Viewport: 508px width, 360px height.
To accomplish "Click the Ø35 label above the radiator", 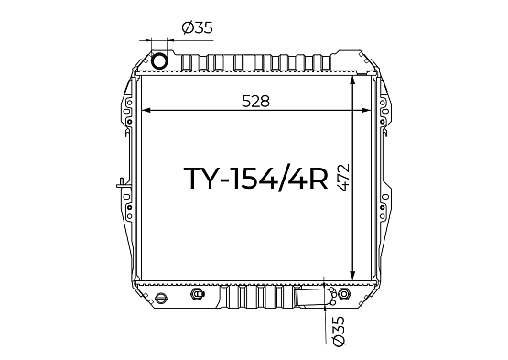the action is point(198,27).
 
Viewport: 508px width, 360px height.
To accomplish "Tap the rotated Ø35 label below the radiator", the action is point(339,331).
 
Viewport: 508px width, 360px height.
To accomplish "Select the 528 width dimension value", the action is point(255,101).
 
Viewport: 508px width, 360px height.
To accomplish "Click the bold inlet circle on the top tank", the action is point(159,60).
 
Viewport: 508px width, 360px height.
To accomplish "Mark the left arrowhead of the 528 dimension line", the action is point(146,110).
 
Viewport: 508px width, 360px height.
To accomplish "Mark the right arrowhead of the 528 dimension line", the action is point(366,110).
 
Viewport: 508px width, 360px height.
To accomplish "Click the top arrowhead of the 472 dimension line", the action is point(353,82).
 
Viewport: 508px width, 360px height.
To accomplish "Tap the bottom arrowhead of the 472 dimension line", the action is point(353,275).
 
